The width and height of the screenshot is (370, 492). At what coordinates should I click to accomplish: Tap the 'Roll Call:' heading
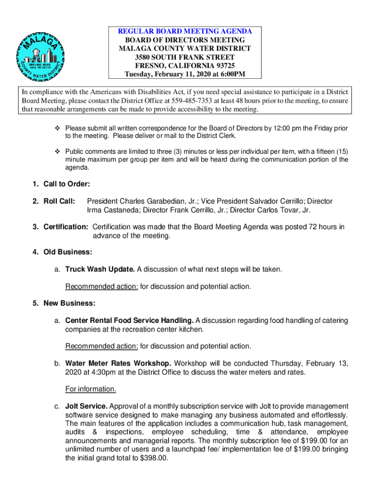(59, 201)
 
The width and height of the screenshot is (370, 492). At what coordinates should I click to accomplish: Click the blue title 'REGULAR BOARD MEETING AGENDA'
(185, 31)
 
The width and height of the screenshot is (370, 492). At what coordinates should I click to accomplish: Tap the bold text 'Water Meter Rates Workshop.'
(118, 363)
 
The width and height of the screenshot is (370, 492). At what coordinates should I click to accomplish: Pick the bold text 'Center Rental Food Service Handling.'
(129, 320)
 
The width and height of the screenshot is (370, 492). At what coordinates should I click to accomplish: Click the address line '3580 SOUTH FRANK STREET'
(185, 57)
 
